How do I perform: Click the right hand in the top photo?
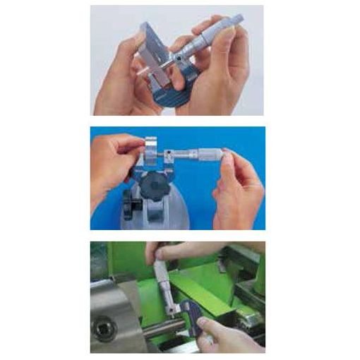tap(226, 78)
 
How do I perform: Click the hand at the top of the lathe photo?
tap(176, 251)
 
